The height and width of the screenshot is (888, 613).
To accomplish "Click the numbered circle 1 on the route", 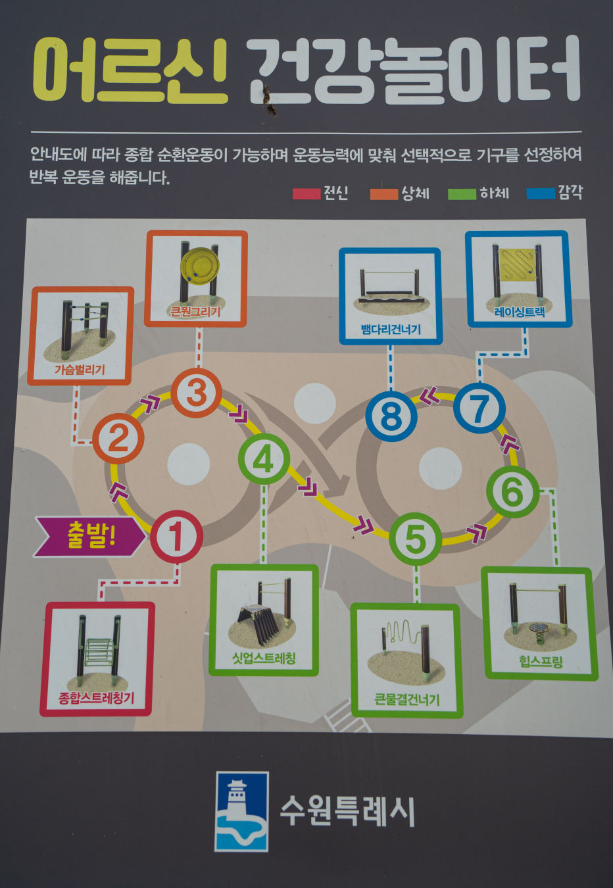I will point(176,536).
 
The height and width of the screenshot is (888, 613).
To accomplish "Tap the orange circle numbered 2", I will point(118,439).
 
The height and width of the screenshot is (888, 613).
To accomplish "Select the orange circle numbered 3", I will point(196,393).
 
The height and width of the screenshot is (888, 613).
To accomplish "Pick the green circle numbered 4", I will point(264,459).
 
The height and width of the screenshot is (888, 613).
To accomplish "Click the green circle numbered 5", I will point(415,539).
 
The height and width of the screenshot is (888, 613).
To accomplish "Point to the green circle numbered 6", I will point(512,491).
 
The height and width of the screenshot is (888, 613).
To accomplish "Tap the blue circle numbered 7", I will point(479,408).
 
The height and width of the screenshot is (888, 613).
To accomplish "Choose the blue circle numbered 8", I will point(391,415).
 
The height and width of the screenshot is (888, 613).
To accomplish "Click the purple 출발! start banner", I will point(90,536).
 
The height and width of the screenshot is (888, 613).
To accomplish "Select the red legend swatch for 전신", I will point(306,193).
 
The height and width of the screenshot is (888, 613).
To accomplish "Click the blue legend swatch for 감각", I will point(541,193).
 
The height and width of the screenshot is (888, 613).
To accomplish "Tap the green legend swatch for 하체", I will point(462,193).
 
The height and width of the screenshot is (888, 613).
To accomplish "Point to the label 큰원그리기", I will point(195,312).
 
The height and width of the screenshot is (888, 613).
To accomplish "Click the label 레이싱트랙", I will point(519,312).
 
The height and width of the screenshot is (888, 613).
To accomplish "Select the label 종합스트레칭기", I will point(97,698).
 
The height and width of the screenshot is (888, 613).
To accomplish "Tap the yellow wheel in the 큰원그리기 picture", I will point(199,266).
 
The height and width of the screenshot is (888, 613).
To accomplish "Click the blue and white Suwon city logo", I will point(241,811).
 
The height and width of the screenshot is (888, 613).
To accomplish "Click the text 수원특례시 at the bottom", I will point(347,811).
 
